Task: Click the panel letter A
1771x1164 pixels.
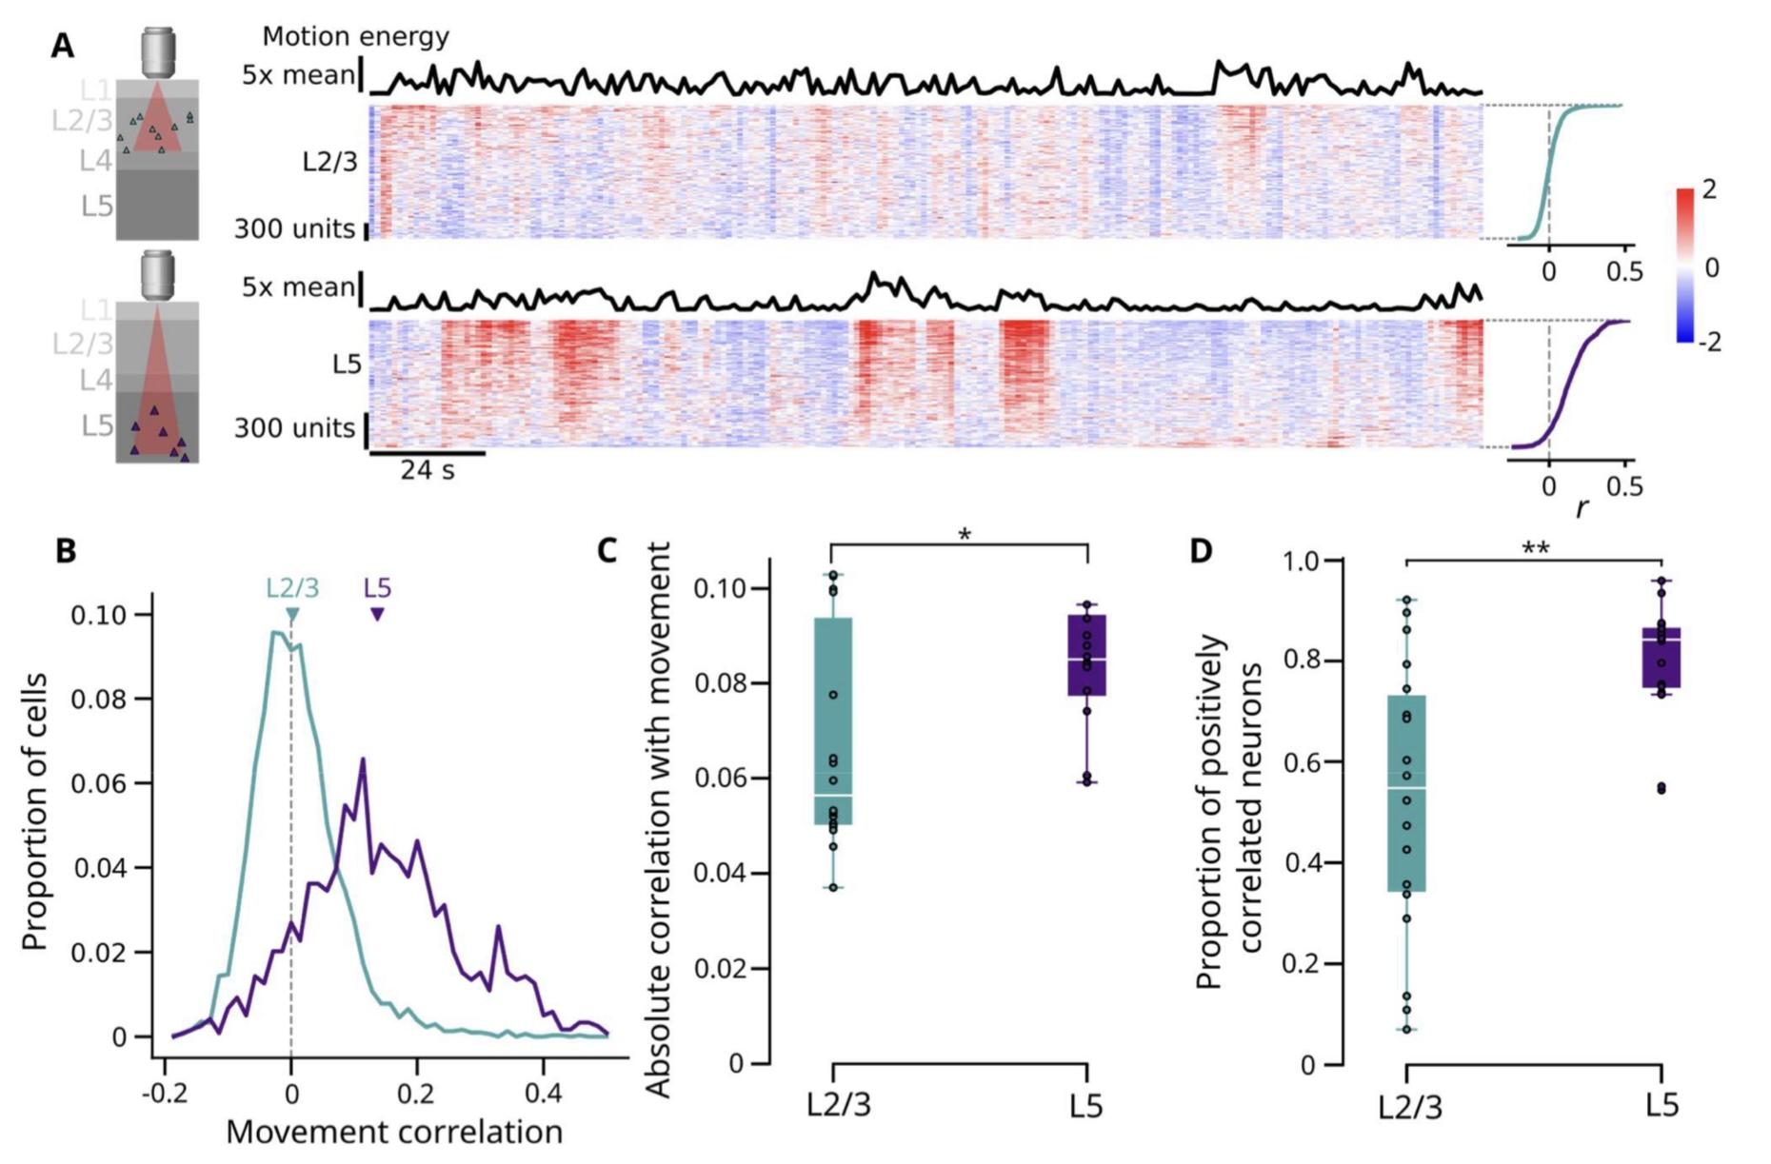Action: (x=62, y=46)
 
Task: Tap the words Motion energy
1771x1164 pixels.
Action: (x=355, y=37)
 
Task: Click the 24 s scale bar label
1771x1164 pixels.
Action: (x=427, y=470)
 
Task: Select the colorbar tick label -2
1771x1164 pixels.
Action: (x=1710, y=342)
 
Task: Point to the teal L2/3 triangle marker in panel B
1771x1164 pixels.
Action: (x=292, y=615)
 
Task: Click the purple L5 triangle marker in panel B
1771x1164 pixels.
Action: (x=378, y=615)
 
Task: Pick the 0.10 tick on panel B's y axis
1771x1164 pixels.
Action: (x=99, y=615)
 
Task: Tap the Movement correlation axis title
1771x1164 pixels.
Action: (x=394, y=1133)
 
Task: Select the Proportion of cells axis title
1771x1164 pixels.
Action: (x=35, y=811)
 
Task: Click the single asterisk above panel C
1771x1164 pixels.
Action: (x=965, y=536)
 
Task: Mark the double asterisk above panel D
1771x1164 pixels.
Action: (x=1535, y=549)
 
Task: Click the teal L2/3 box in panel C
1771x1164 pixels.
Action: (x=833, y=720)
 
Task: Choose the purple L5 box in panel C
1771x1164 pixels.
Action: (x=1086, y=655)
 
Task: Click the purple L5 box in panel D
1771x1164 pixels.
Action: (x=1662, y=657)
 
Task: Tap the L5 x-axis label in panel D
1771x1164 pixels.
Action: (x=1662, y=1105)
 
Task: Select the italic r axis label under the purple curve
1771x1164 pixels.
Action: (x=1582, y=508)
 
